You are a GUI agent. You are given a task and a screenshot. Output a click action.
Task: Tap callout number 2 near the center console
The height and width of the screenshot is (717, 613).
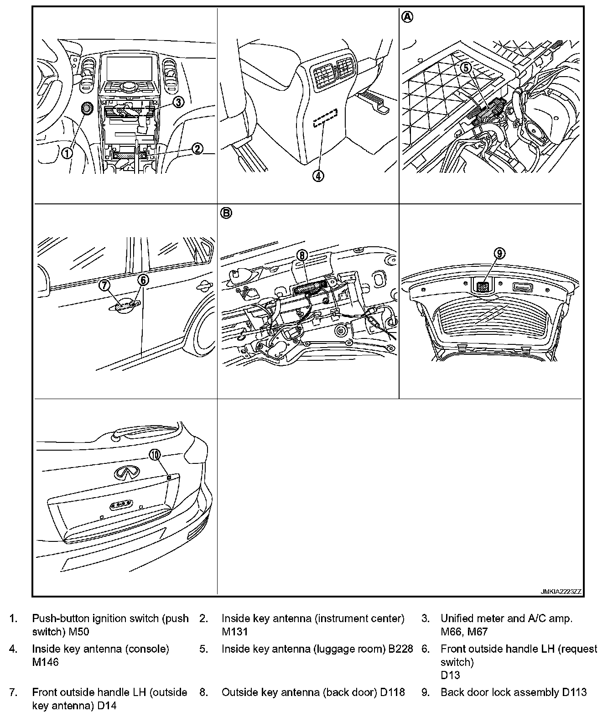197,149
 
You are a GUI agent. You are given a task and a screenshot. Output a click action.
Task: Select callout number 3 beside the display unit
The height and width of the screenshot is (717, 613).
178,102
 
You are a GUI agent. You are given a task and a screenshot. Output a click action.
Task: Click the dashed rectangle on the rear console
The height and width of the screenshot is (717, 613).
325,119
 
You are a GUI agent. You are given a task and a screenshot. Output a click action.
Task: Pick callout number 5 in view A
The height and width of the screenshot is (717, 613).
466,68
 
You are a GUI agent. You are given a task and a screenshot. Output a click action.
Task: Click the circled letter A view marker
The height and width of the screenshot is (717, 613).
407,17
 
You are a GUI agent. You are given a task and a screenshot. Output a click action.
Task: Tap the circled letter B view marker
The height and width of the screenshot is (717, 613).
226,213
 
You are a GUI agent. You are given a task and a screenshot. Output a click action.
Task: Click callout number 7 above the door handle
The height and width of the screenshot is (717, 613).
105,285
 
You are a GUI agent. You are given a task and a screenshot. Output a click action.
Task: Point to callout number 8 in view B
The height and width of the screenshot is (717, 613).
302,255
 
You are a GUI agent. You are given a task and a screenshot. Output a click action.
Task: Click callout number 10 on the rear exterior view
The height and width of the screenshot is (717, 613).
155,454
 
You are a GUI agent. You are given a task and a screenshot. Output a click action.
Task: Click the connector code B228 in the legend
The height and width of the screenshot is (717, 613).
400,649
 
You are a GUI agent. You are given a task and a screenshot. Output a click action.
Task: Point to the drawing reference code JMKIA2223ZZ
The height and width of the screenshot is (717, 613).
561,592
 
